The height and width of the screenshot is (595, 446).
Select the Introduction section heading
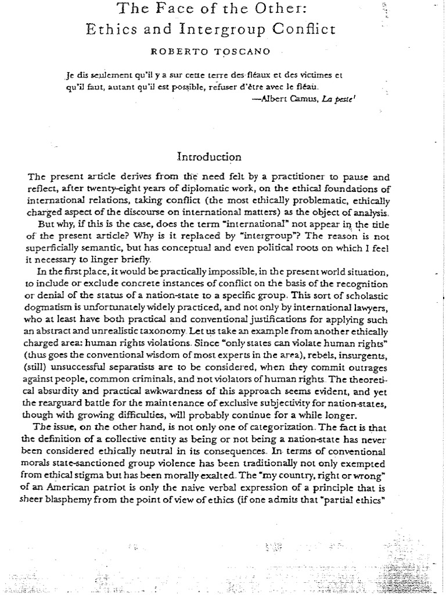click(208, 156)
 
